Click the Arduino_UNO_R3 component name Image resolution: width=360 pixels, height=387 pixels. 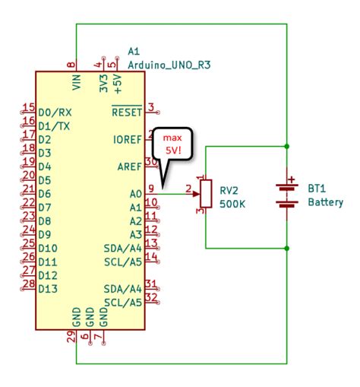pyautogui.click(x=169, y=65)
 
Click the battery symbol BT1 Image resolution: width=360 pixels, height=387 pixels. pyautogui.click(x=287, y=195)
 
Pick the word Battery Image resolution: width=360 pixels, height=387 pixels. pyautogui.click(x=325, y=202)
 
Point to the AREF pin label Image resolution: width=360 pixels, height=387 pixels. pyautogui.click(x=129, y=167)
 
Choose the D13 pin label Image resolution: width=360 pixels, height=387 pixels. pyautogui.click(x=47, y=288)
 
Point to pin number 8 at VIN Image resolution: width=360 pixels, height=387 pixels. pyautogui.click(x=71, y=65)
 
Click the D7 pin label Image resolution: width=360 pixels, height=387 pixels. pyautogui.click(x=45, y=207)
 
